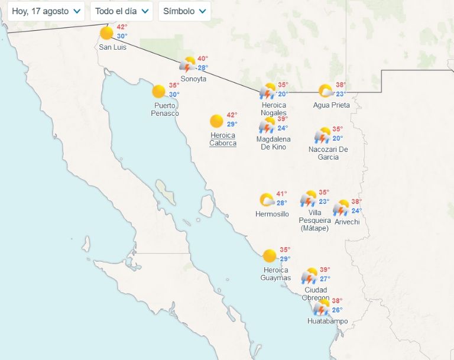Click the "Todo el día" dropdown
[x=121, y=11]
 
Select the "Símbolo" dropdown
[x=184, y=11]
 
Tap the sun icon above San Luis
[x=106, y=33]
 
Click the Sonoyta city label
[x=193, y=79]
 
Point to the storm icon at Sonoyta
[x=188, y=64]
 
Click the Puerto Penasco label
[x=165, y=109]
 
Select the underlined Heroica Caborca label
[x=223, y=140]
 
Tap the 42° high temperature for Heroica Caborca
[x=232, y=115]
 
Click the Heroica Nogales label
[x=274, y=109]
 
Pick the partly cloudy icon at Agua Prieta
[x=325, y=91]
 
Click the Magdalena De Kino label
[x=273, y=143]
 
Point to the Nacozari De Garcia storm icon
[x=322, y=135]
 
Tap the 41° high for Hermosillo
[x=281, y=194]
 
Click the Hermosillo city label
[x=272, y=214]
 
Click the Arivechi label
[x=347, y=222]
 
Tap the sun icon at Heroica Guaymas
[x=270, y=256]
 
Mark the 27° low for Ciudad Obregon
[x=325, y=279]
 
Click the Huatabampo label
[x=327, y=322]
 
